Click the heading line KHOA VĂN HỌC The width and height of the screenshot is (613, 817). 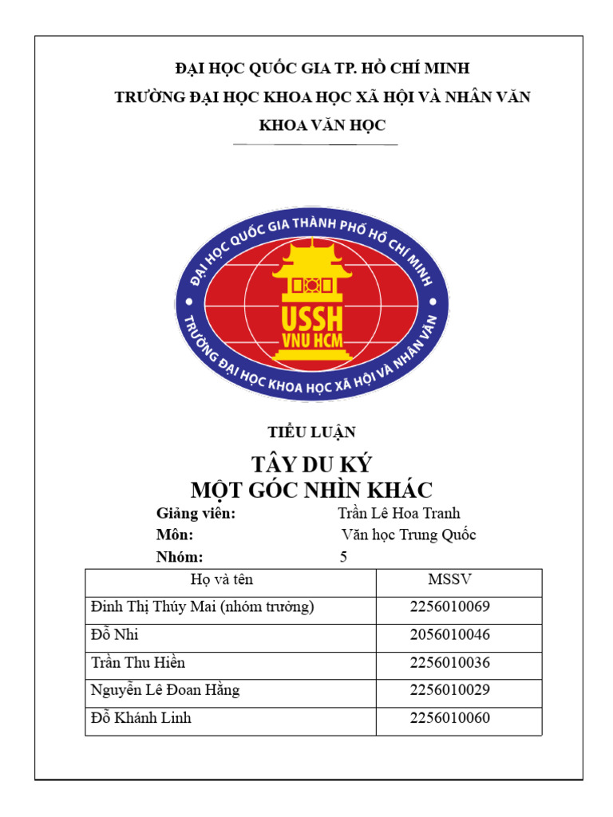(322, 125)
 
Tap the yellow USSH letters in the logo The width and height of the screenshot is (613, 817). (311, 318)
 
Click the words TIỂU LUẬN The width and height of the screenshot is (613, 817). (311, 432)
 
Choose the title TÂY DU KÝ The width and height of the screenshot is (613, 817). (311, 464)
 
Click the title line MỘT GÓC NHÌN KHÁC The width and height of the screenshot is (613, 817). (311, 489)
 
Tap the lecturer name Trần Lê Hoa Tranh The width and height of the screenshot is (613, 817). (399, 514)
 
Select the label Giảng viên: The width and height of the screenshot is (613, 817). (196, 514)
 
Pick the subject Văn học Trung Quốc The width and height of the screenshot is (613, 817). (408, 535)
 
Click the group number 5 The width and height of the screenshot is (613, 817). (343, 557)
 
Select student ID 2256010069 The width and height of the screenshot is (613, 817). (449, 607)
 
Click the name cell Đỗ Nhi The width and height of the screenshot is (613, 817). (116, 635)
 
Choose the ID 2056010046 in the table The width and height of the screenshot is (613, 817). (449, 635)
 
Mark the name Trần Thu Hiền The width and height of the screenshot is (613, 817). (139, 663)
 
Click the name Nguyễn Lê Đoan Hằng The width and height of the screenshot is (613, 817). (166, 690)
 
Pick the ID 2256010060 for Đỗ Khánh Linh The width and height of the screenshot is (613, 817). (449, 718)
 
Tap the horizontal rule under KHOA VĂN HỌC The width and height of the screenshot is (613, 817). (314, 144)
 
